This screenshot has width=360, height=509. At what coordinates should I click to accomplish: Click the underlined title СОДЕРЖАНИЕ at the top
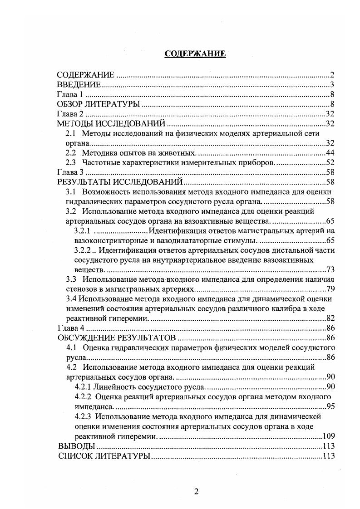pos(195,54)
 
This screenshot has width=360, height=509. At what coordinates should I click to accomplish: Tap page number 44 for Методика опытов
pos(330,152)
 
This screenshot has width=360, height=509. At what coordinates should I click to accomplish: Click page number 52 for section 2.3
pos(330,162)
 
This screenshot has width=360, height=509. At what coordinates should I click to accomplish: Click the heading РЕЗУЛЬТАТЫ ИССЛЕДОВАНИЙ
pos(119,182)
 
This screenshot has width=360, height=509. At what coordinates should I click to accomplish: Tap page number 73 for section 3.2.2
pos(330,269)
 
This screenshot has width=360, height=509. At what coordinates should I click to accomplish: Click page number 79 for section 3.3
pos(330,289)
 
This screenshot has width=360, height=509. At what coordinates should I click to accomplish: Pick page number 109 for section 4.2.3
pos(328,436)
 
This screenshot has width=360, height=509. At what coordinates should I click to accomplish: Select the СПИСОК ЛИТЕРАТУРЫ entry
pos(104,455)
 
